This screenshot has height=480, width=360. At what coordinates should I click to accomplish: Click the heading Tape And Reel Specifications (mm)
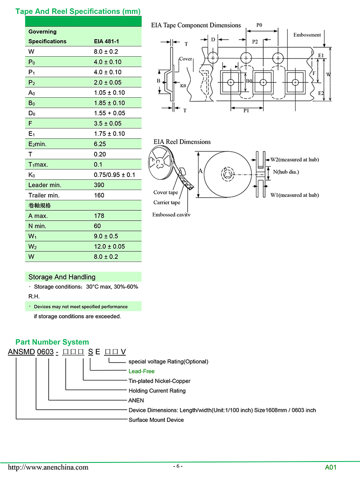(78, 11)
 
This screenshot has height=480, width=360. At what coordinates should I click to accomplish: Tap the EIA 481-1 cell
(106, 41)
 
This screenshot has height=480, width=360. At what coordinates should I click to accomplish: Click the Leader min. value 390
(99, 185)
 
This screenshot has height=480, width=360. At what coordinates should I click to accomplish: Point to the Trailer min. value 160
(99, 195)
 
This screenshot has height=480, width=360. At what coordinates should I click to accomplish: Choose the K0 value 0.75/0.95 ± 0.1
(114, 175)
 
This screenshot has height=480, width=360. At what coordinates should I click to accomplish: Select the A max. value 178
(99, 216)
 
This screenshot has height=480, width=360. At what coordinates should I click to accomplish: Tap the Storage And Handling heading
(62, 277)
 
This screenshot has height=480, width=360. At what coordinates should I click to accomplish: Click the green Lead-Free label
(141, 371)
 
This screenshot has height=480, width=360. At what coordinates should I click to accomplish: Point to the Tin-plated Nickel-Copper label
(159, 381)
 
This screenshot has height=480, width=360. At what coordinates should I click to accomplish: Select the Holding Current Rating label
(157, 391)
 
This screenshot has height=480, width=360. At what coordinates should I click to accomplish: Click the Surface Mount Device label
(156, 420)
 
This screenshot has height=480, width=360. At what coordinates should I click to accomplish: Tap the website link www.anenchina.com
(48, 467)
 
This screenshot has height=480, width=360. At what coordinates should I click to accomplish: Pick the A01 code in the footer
(331, 467)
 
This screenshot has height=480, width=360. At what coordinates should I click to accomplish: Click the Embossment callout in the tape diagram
(307, 35)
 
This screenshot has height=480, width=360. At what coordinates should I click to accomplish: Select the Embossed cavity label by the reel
(171, 215)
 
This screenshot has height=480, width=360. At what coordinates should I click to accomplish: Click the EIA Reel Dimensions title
(182, 142)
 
